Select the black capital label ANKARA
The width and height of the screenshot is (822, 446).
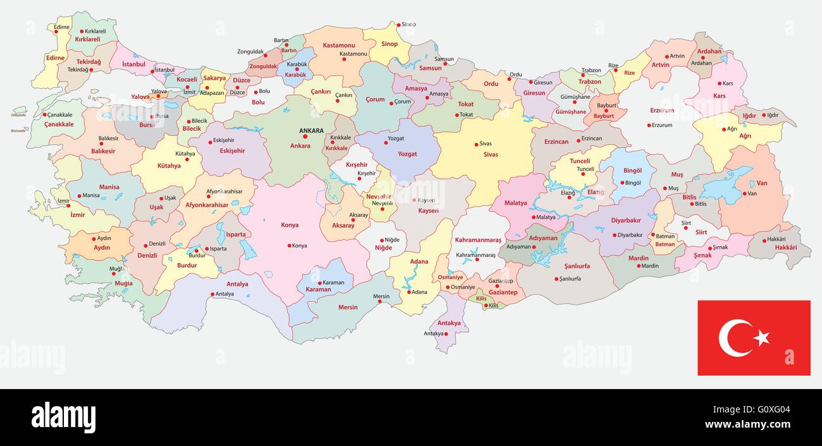pos(311,131)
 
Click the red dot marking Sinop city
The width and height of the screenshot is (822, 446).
pos(398,25)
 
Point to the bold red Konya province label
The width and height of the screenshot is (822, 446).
pos(290,225)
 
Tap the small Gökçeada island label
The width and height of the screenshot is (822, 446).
pos(18,115)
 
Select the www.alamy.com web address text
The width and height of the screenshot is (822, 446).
pos(747,424)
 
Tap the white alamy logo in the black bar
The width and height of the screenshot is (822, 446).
pos(63,418)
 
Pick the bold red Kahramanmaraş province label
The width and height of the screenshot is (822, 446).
pos(478,240)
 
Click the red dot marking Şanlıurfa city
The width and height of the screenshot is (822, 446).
pos(557,278)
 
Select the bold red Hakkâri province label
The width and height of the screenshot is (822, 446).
pos(786,247)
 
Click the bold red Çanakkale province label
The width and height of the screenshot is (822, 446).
pos(59,125)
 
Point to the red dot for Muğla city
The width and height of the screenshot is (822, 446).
pos(114,273)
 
